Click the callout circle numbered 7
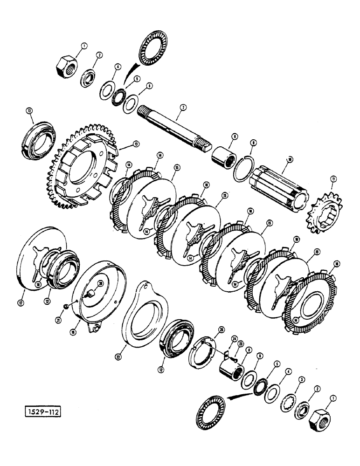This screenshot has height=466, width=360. (183, 107)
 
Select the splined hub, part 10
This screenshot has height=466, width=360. (278, 185)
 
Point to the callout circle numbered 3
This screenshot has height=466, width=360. (302, 381)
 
